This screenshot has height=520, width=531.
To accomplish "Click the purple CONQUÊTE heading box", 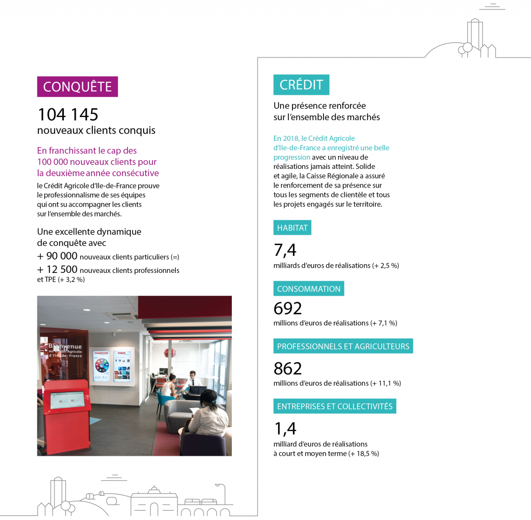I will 77,86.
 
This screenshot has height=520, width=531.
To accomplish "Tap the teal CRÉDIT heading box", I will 301,85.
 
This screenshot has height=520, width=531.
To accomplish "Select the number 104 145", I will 68,114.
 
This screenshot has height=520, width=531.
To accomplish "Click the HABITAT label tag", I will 292,228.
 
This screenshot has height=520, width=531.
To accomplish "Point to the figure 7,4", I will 285,250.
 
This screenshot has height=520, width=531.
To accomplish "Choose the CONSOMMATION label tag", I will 309,288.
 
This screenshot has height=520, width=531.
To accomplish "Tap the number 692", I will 287,309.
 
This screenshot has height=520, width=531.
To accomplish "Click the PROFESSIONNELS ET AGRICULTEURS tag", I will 343,346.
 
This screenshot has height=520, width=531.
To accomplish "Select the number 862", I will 287,369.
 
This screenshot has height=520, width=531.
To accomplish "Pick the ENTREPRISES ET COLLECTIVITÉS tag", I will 334,406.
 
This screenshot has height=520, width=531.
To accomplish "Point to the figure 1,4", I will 285,429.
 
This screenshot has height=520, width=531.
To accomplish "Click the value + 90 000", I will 58,256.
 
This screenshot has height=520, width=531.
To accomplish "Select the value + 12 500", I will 58,269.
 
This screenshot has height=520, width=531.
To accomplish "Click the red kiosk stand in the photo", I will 66,414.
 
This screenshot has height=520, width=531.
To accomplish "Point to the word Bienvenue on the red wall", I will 65,346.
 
